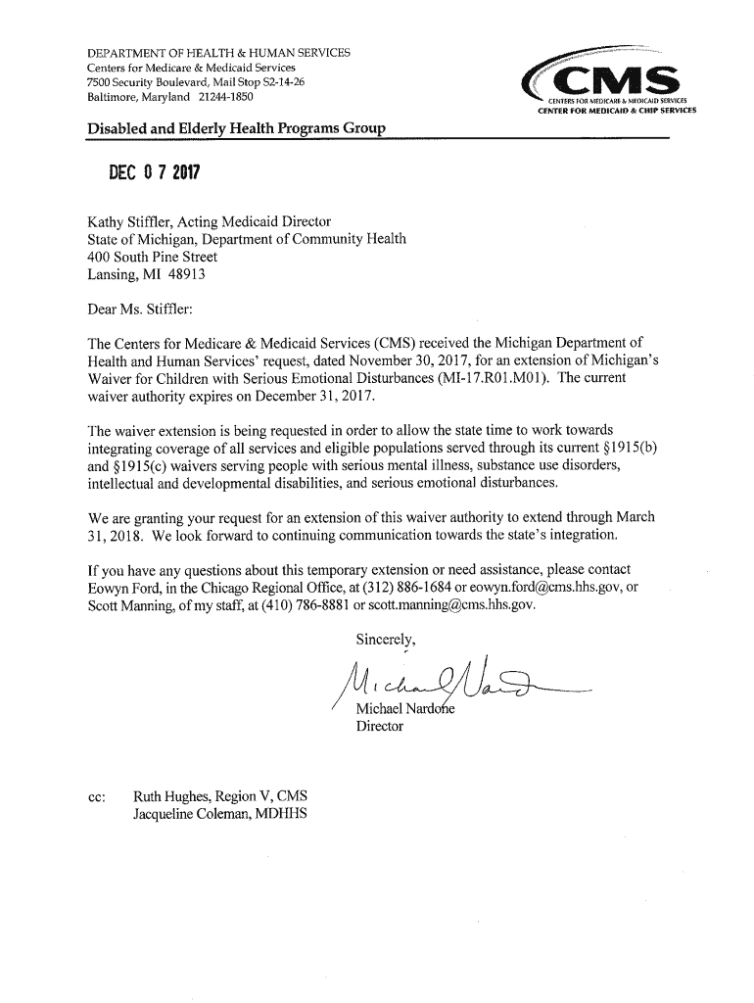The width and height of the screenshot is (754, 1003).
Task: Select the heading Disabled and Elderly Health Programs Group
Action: tap(236, 128)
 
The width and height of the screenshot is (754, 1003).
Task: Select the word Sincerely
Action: tap(386, 641)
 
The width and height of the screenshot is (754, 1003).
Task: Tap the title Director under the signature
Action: tap(379, 727)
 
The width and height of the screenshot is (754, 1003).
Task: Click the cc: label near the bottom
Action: tap(97, 797)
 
